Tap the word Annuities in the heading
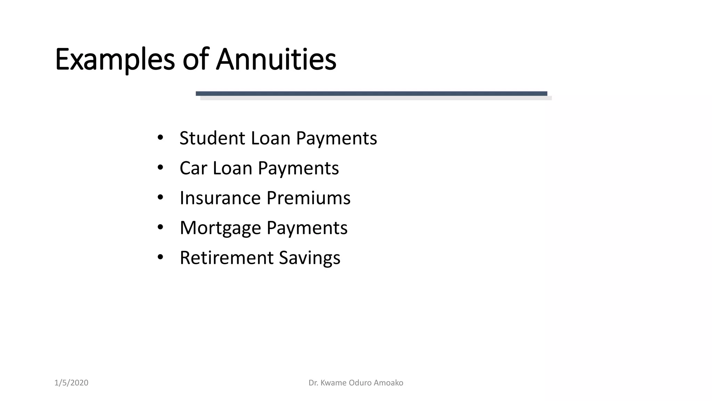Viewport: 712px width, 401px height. point(276,59)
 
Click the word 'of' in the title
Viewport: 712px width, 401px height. point(195,59)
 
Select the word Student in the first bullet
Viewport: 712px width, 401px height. point(212,138)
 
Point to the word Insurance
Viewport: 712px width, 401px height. point(220,198)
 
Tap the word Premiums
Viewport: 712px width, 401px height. point(308,198)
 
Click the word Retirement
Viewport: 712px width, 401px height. point(226,258)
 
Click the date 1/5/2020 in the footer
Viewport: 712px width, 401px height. point(71,383)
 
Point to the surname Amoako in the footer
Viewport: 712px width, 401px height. point(388,383)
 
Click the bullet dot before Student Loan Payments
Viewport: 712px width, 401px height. point(160,138)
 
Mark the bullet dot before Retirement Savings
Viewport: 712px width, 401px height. point(160,258)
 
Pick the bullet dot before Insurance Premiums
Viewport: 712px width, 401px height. point(160,198)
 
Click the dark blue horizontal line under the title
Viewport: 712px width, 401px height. point(371,93)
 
